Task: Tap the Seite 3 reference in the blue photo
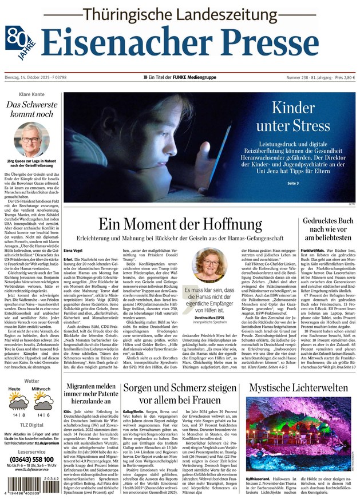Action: (x=293, y=183)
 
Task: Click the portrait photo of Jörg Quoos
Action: (x=31, y=137)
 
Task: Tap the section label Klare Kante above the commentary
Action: (x=31, y=94)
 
